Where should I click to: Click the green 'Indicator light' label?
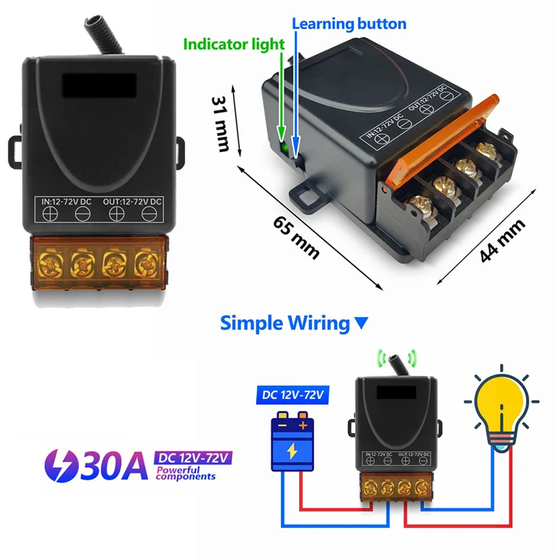(x=234, y=44)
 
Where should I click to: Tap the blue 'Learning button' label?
(x=349, y=24)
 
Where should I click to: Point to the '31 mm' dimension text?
(x=222, y=123)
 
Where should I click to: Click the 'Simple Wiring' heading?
(x=284, y=323)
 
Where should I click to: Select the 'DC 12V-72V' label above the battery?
(x=293, y=395)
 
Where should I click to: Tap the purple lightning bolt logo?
(x=61, y=466)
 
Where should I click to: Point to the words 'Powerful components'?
(x=186, y=474)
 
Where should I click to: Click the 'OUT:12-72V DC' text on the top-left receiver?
(x=133, y=202)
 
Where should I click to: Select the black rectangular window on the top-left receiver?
(x=96, y=86)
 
